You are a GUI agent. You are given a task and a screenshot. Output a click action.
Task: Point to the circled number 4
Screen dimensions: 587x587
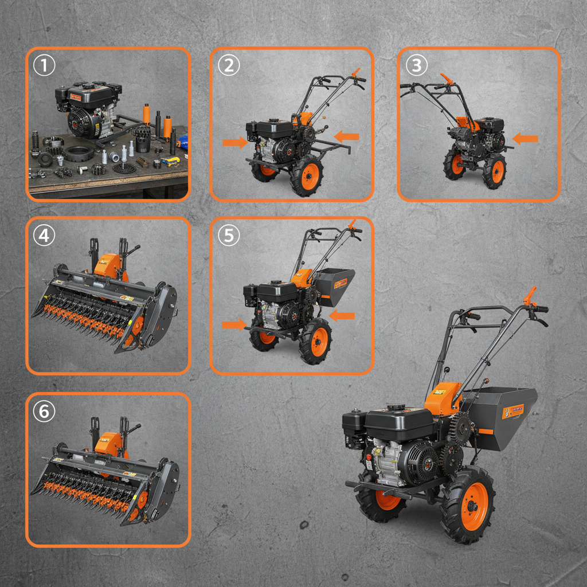44,236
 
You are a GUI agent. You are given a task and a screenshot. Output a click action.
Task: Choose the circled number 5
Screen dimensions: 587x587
228,236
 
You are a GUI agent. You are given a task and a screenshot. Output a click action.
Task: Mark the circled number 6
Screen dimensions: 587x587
44,411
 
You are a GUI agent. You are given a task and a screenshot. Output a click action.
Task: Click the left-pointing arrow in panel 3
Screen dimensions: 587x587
526,138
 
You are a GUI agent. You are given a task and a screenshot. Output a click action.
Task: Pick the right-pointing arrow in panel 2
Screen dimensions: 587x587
234,142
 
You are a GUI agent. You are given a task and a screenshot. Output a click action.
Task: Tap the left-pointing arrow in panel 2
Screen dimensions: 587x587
346,136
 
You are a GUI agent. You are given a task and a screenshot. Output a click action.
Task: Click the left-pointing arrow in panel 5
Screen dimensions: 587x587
342,315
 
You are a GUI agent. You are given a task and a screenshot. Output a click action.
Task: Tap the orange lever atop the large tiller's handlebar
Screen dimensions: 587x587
531,297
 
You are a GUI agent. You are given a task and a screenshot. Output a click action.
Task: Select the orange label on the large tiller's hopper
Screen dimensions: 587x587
512,411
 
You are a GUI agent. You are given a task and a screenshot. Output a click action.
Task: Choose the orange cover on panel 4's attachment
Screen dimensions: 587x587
110,265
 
